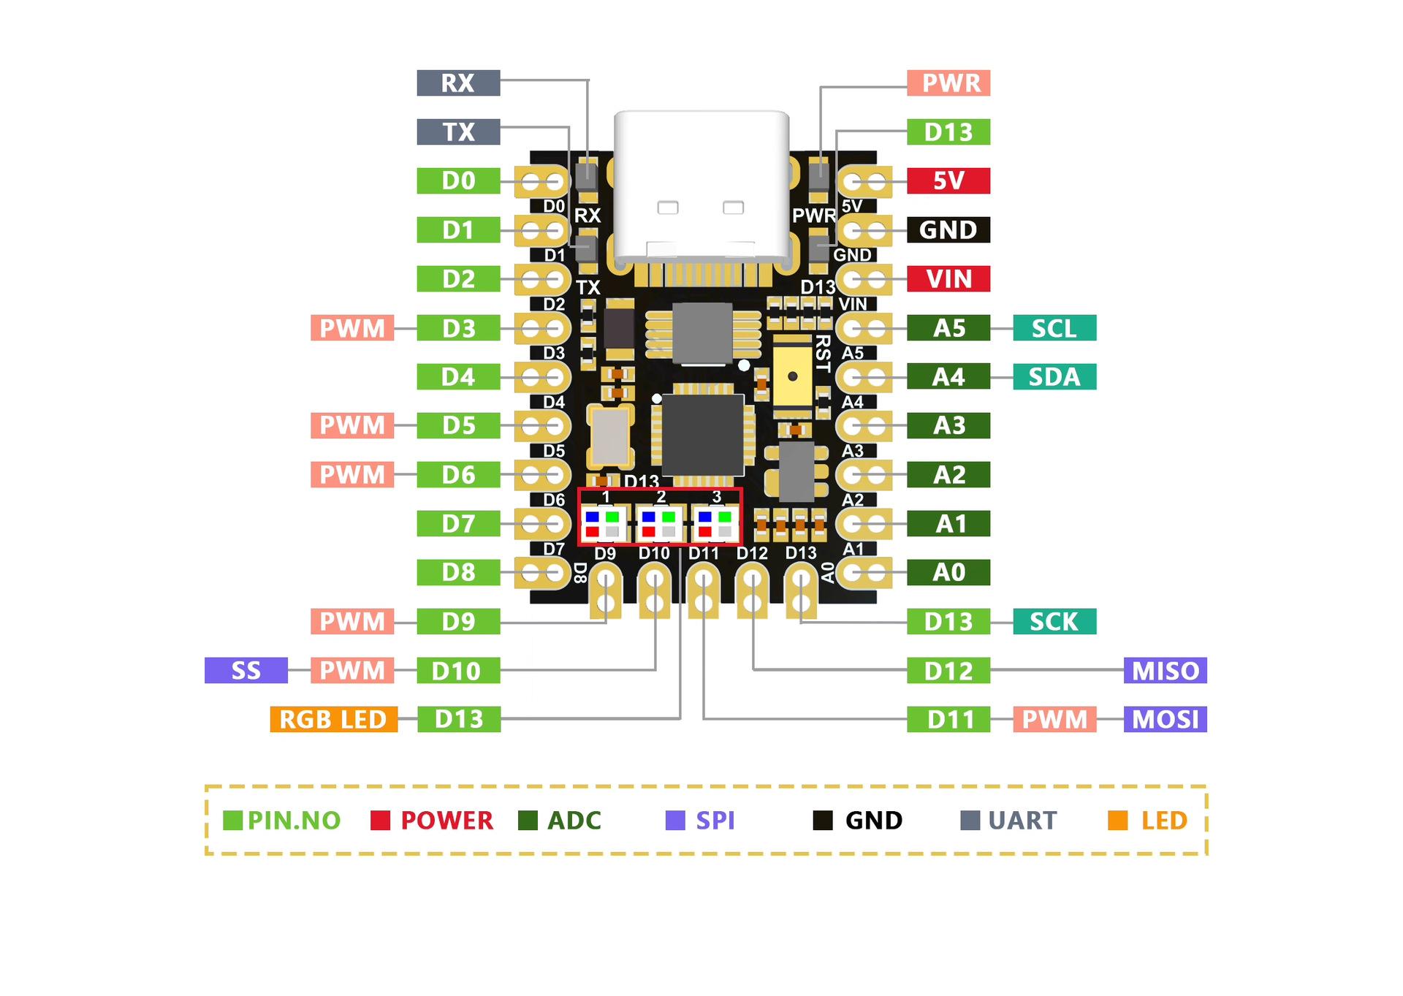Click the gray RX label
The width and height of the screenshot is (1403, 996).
pos(458,83)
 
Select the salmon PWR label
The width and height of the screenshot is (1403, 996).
pos(948,83)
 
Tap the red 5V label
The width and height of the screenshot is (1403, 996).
pos(948,180)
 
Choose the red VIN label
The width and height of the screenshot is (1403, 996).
pos(948,278)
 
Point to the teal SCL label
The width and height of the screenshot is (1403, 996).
pos(1054,328)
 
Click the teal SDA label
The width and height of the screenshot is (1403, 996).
pos(1054,377)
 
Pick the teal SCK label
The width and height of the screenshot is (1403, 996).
pos(1054,621)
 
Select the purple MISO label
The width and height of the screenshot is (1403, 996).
pos(1165,670)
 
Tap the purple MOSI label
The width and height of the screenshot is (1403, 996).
pos(1165,719)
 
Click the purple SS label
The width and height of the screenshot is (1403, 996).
pos(246,670)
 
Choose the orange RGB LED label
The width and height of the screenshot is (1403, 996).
pos(333,719)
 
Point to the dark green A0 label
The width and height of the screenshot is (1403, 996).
pos(948,572)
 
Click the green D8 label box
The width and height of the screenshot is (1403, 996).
pos(458,572)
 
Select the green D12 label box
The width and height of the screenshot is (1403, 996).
pos(948,670)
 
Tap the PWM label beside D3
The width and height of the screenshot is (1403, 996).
pos(352,328)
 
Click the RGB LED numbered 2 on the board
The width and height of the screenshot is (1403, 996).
pos(659,524)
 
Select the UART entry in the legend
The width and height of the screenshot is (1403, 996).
pos(1008,821)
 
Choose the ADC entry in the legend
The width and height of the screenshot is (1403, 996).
pos(560,821)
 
